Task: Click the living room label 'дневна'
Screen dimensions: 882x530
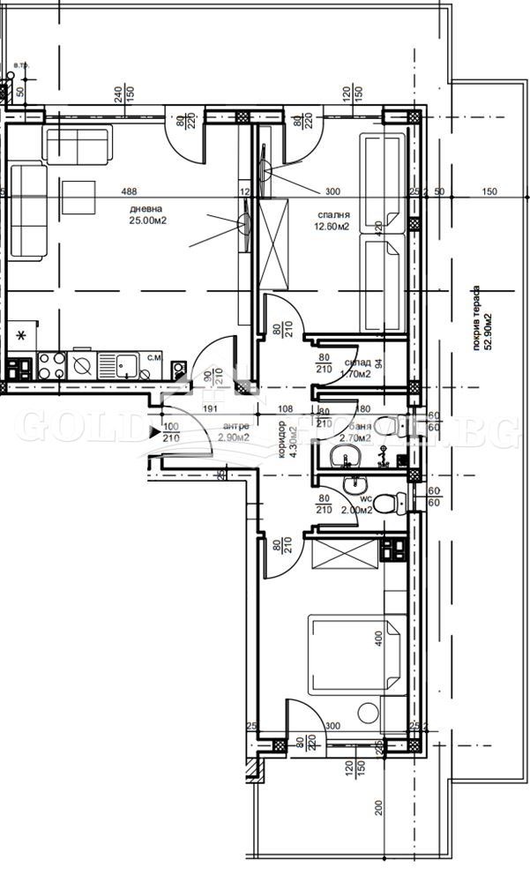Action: click(x=145, y=208)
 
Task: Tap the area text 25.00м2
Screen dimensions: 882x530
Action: click(x=147, y=221)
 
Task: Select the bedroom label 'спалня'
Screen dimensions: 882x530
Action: click(x=333, y=214)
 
